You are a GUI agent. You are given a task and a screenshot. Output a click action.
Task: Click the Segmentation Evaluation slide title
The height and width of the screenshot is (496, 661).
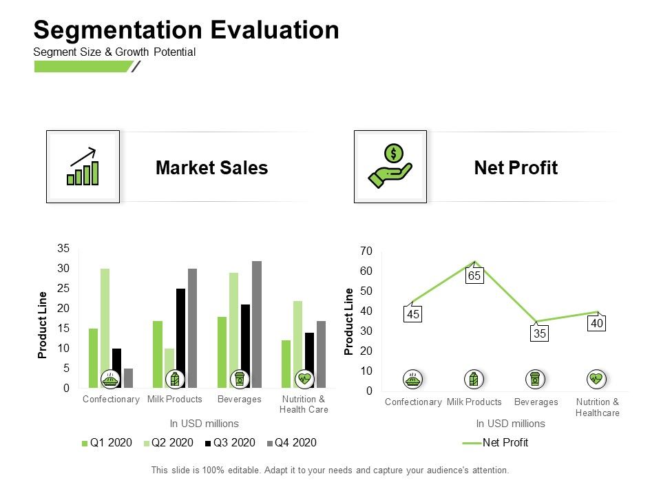tap(186, 30)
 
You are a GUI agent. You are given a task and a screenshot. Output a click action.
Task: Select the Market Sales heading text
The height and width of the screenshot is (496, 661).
tap(211, 167)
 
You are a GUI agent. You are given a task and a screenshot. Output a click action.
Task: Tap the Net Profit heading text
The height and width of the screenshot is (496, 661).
tap(516, 167)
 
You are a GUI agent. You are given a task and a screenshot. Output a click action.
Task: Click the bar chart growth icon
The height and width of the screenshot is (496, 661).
tap(83, 167)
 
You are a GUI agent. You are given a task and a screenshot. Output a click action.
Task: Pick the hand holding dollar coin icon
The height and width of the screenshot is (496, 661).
tap(390, 167)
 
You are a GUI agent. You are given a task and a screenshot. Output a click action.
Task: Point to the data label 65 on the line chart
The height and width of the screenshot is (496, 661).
tap(474, 276)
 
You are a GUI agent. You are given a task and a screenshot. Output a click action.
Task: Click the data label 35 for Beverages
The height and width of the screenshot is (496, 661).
tap(538, 334)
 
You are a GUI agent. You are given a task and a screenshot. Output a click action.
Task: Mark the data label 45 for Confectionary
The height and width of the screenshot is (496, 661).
tap(412, 314)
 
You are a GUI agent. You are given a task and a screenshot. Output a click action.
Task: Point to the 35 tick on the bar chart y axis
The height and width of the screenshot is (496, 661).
tap(63, 248)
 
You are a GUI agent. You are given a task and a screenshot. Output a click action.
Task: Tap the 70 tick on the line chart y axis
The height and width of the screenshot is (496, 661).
tap(366, 251)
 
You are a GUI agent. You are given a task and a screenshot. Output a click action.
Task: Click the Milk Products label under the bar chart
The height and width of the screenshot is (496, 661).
tap(175, 400)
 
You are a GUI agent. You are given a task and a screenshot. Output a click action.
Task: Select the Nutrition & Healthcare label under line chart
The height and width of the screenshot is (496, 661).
tap(597, 407)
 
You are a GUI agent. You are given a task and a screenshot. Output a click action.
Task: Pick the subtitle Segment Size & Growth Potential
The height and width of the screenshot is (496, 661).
tap(114, 52)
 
